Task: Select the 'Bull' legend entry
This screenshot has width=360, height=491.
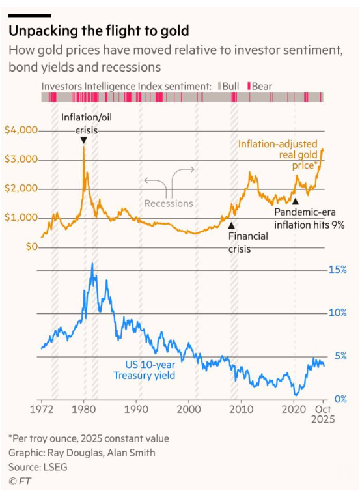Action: click(230, 85)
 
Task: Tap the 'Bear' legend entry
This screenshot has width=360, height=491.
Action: click(261, 85)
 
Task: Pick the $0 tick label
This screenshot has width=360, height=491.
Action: click(31, 247)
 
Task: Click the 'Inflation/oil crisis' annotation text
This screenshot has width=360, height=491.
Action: click(83, 123)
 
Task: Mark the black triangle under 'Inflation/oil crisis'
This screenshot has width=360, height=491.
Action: click(83, 140)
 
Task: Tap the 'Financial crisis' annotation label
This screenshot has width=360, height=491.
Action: click(247, 242)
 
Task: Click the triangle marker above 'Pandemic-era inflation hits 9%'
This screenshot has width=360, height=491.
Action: click(295, 202)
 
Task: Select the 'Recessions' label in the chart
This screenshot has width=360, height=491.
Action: click(169, 203)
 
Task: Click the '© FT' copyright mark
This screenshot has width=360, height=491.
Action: click(20, 482)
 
